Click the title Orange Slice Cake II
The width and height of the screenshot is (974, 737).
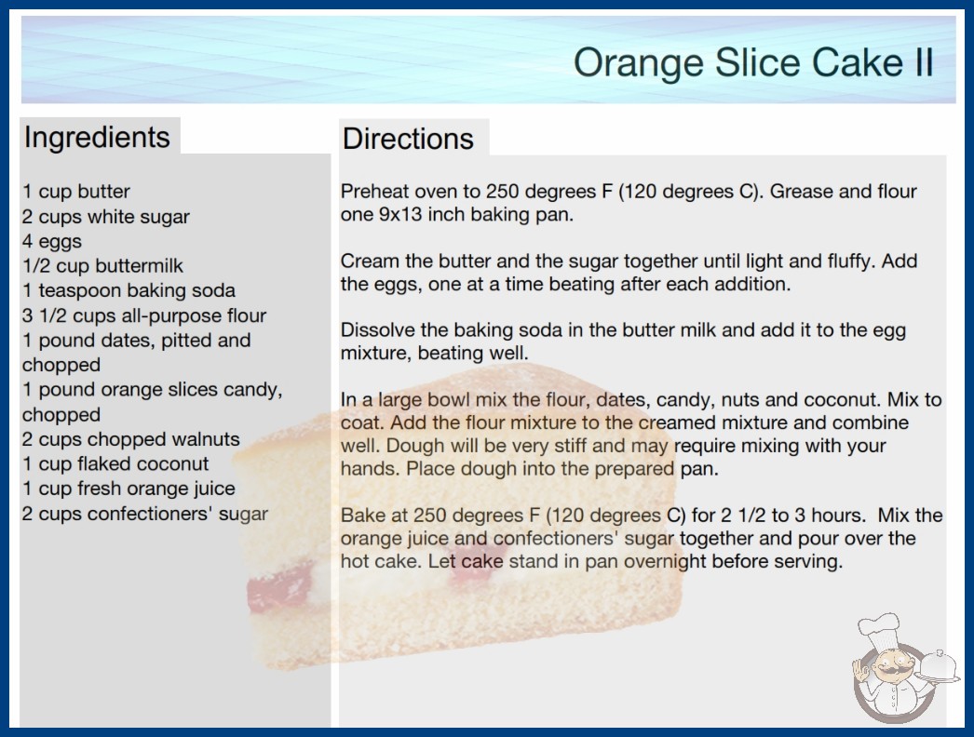tap(753, 62)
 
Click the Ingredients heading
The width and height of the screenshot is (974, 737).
tap(97, 138)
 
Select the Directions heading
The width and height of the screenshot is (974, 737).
tap(408, 139)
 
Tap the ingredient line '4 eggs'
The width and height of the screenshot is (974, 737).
tap(52, 242)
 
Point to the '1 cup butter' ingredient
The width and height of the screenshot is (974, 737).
tap(76, 192)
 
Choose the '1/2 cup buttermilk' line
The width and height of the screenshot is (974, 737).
tap(102, 266)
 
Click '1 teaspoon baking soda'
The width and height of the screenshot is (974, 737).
tap(129, 290)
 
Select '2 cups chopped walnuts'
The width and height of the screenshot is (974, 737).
tap(131, 439)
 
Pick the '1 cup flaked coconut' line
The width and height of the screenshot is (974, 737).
tap(115, 463)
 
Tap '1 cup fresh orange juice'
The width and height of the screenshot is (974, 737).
tap(129, 489)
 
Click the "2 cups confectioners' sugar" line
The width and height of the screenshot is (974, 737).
tap(145, 514)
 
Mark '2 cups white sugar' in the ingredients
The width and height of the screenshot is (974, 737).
tap(106, 217)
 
